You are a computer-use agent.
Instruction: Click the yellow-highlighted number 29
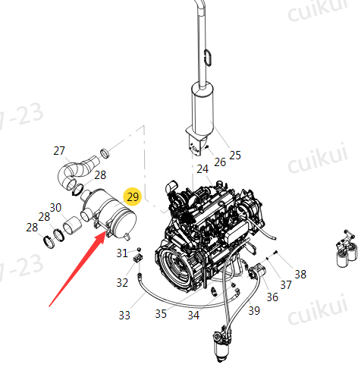point(133,196)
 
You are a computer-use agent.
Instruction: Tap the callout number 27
point(59,151)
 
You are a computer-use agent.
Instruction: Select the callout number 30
point(55,208)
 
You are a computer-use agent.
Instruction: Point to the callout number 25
point(235,155)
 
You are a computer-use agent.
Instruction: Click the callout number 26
point(220,162)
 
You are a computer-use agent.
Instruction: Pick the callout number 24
point(202,169)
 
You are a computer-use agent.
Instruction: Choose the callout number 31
point(122,253)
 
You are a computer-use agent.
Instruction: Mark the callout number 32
point(122,283)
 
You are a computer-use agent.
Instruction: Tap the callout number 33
point(124,316)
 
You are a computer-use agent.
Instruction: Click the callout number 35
point(161,314)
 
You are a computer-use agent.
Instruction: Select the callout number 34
point(193,316)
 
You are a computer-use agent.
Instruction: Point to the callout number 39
point(254,311)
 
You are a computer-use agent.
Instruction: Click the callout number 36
point(272,297)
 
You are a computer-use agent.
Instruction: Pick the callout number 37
point(286,285)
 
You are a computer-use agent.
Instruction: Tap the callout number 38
point(300,275)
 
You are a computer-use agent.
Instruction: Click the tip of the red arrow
point(105,232)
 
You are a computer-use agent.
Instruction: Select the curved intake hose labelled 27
point(76,172)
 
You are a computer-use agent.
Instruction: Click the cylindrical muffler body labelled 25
point(202,108)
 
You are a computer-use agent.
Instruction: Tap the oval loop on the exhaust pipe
point(208,58)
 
